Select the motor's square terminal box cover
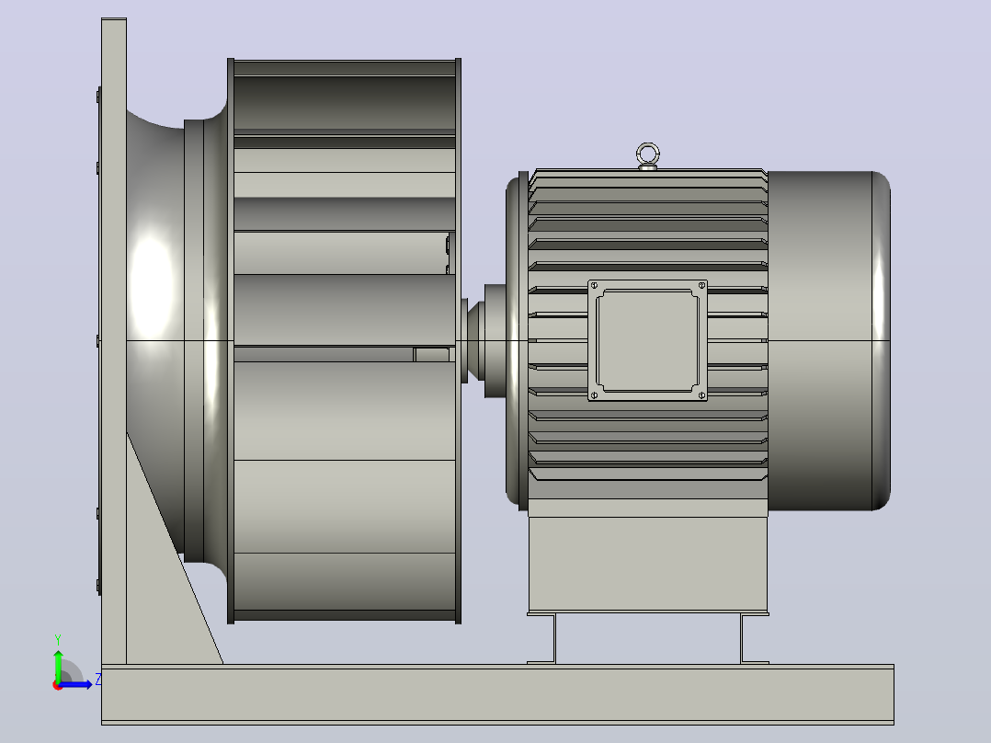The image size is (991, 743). point(648,340)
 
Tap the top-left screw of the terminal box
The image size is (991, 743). point(594,286)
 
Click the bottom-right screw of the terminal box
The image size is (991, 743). point(701,395)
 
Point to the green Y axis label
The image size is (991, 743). point(58,639)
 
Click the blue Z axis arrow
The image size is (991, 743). point(75,684)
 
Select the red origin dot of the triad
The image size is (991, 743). point(58,685)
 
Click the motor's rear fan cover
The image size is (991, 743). point(829,340)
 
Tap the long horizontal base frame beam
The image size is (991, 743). point(497,694)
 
